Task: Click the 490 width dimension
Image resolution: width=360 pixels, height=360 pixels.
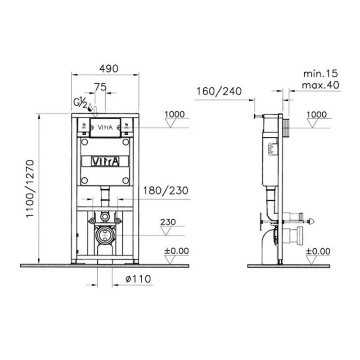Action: point(109,69)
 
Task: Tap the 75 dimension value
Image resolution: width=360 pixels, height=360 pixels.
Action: point(100,87)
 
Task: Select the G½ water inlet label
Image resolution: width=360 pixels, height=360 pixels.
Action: point(80,103)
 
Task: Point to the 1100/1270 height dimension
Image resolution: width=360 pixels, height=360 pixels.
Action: point(30,189)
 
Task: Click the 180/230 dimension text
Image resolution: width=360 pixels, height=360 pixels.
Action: point(166,190)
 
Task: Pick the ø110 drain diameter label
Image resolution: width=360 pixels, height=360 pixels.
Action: point(138,279)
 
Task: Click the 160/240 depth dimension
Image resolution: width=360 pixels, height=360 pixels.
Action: point(219,91)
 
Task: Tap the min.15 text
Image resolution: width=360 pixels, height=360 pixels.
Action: point(320,74)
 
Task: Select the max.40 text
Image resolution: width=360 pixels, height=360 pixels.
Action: point(320,85)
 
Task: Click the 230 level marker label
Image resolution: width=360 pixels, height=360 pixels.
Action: point(168,222)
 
